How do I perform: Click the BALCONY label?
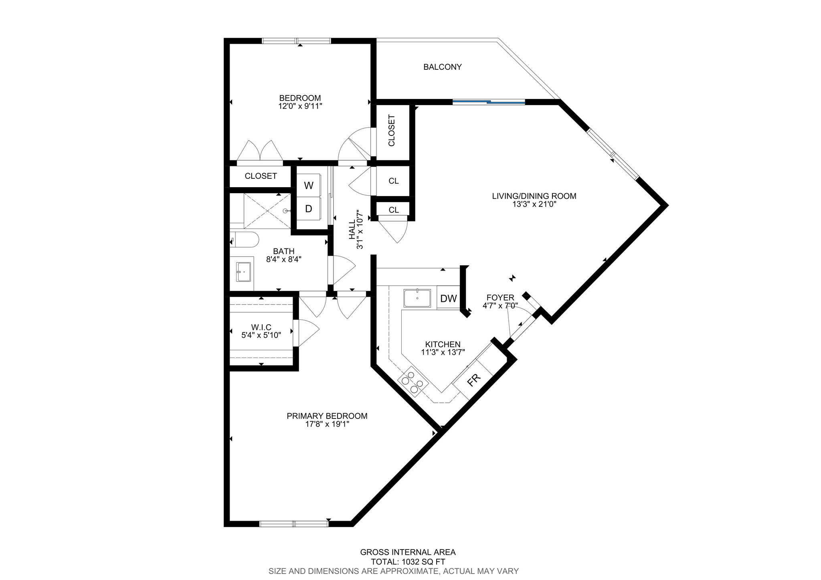click(443, 67)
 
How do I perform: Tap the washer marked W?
click(309, 185)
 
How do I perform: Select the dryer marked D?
click(309, 208)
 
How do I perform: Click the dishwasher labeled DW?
click(449, 298)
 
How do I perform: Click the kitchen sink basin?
click(417, 299)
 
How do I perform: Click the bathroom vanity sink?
click(243, 272)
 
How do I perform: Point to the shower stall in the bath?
click(267, 211)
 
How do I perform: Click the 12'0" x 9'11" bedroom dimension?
click(300, 106)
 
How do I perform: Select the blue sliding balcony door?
click(489, 102)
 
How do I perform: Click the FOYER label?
click(500, 297)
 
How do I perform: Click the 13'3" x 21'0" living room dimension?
click(534, 204)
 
